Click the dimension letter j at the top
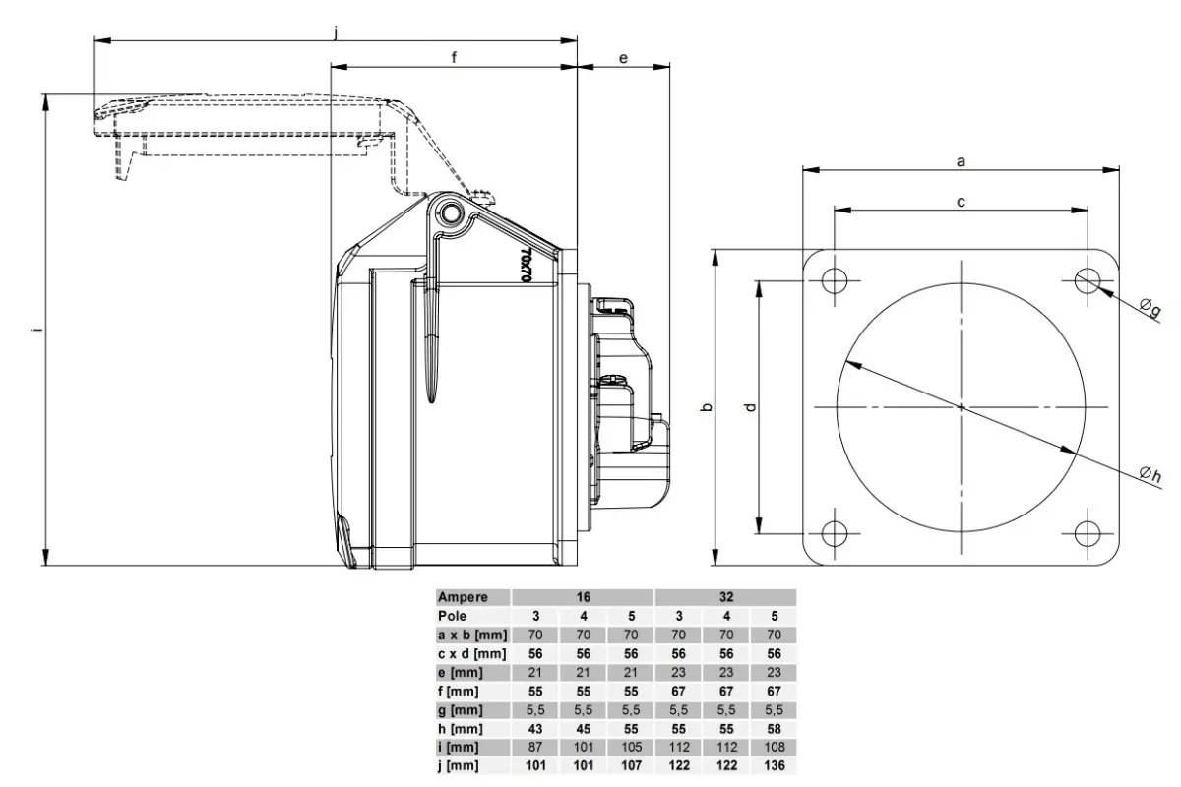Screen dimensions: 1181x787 tap(336, 33)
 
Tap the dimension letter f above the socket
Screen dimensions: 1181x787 tap(454, 57)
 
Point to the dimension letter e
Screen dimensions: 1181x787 tap(623, 58)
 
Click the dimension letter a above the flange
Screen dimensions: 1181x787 tap(961, 161)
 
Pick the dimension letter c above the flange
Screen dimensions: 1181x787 tap(961, 202)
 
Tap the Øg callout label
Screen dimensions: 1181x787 tap(1150, 307)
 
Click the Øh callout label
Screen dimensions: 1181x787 tap(1150, 474)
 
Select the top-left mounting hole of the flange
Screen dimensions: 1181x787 tap(835, 280)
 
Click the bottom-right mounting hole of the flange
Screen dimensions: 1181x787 tap(1088, 533)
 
